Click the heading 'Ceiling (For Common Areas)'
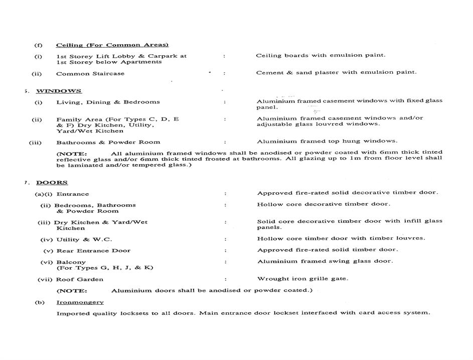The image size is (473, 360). click(x=112, y=45)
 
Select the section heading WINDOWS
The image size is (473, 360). click(x=59, y=91)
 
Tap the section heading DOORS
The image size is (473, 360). click(x=52, y=183)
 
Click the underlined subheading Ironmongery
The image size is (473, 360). click(x=80, y=302)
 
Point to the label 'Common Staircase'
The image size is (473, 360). click(x=90, y=73)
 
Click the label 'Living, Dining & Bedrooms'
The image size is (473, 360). click(x=108, y=102)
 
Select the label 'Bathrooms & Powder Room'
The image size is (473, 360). click(x=101, y=142)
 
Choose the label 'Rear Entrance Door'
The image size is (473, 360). click(x=93, y=251)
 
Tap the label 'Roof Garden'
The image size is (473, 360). click(x=80, y=280)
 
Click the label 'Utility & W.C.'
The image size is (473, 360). click(x=84, y=239)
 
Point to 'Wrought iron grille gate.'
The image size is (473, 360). click(x=302, y=279)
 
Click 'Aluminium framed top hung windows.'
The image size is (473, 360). click(x=327, y=141)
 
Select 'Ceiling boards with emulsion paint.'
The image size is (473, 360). click(x=321, y=55)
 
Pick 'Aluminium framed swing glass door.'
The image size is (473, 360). click(x=325, y=261)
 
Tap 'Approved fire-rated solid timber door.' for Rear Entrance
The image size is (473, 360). click(x=328, y=250)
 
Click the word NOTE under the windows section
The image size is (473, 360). click(x=72, y=153)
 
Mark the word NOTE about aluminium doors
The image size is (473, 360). click(x=72, y=291)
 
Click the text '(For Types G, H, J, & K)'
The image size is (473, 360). click(x=105, y=268)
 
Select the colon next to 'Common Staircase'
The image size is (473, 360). click(x=224, y=73)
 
